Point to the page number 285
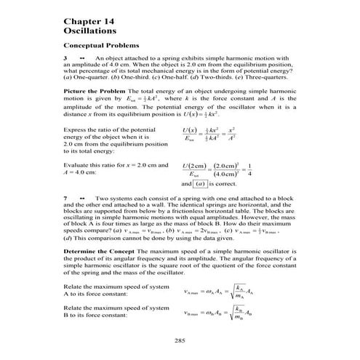[x=180, y=340]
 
